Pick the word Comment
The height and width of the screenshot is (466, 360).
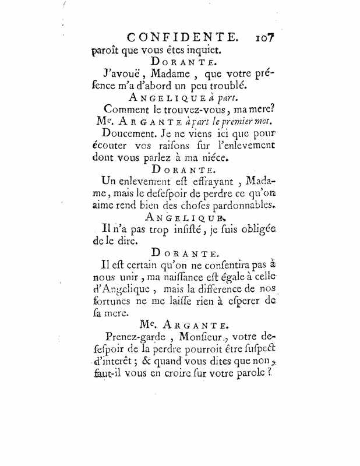click(125, 109)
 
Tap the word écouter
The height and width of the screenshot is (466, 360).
click(114, 146)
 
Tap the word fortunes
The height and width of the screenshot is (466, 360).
click(113, 301)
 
